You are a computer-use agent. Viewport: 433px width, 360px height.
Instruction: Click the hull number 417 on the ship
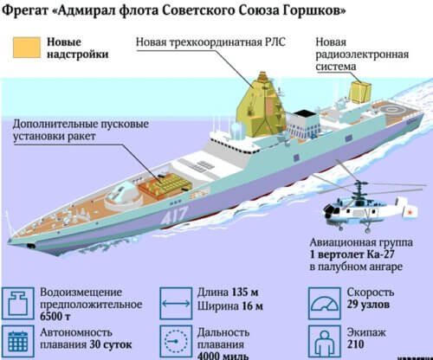174,215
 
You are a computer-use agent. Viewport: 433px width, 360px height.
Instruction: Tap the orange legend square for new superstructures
27,48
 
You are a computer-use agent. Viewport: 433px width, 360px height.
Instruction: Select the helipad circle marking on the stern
391,110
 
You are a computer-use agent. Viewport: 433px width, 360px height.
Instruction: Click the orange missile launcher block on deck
165,185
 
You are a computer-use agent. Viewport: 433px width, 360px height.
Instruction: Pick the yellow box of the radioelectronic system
360,91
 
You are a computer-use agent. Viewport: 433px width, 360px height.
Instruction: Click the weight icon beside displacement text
18,303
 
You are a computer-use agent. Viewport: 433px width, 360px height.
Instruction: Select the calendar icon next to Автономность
18,342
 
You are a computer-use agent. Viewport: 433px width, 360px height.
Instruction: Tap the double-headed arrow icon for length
176,303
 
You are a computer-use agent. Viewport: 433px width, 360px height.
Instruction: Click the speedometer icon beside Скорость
325,303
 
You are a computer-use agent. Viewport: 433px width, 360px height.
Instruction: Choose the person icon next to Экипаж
325,342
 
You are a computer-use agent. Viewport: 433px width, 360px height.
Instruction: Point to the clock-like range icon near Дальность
176,342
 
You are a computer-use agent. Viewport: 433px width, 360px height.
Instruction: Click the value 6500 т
55,317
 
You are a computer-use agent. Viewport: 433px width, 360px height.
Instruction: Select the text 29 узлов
368,305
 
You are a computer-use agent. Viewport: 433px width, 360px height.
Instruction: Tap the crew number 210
355,344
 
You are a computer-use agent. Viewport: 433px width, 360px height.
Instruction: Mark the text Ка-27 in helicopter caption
380,254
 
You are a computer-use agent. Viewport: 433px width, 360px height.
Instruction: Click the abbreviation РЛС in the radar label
275,42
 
